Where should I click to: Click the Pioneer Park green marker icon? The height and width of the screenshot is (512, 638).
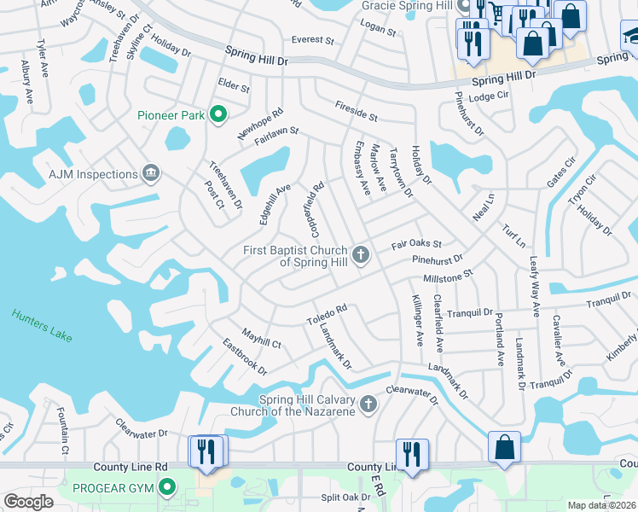coord(218,114)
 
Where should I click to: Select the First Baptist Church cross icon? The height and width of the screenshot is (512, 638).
coord(362,254)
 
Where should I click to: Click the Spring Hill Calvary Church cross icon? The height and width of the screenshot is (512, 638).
coord(368,404)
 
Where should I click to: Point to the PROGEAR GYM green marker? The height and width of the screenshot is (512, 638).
coord(167,488)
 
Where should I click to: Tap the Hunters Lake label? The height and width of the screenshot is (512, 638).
coord(42,326)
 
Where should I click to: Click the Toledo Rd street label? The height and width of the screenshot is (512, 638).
coord(327,314)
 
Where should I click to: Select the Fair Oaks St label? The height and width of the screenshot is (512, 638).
coord(416,245)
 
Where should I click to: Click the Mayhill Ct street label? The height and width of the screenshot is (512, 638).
coord(261,338)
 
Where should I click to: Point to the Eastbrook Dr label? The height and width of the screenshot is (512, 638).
coord(245,357)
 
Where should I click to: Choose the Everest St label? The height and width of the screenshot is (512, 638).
coord(312,39)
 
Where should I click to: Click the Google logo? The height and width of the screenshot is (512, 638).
coord(28,502)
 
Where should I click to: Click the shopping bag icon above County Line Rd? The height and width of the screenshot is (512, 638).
coord(504,446)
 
